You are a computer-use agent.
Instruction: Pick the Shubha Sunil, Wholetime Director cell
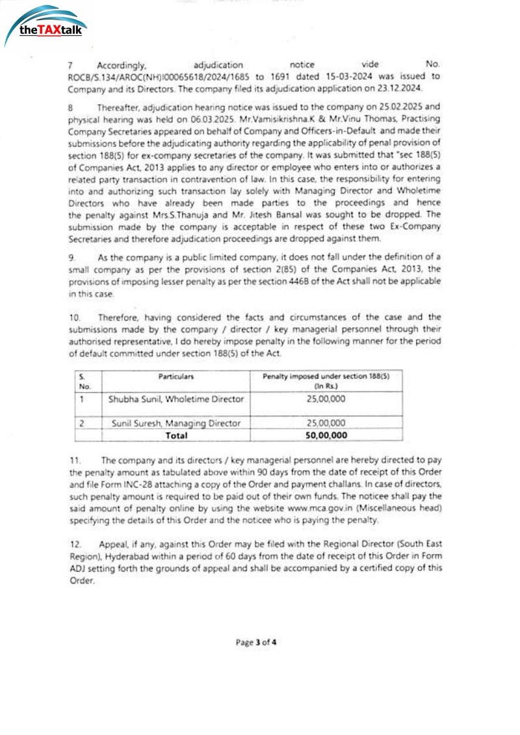pos(175,399)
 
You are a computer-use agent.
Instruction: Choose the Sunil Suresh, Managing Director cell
pos(175,423)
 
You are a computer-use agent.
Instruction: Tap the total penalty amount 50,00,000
pos(326,435)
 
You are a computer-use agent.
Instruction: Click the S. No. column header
pos(84,381)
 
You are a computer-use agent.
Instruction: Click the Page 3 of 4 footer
pos(256,642)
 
